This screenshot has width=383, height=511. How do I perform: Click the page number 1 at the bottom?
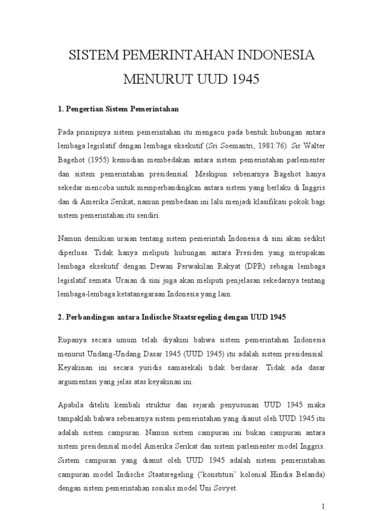(x=323, y=506)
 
